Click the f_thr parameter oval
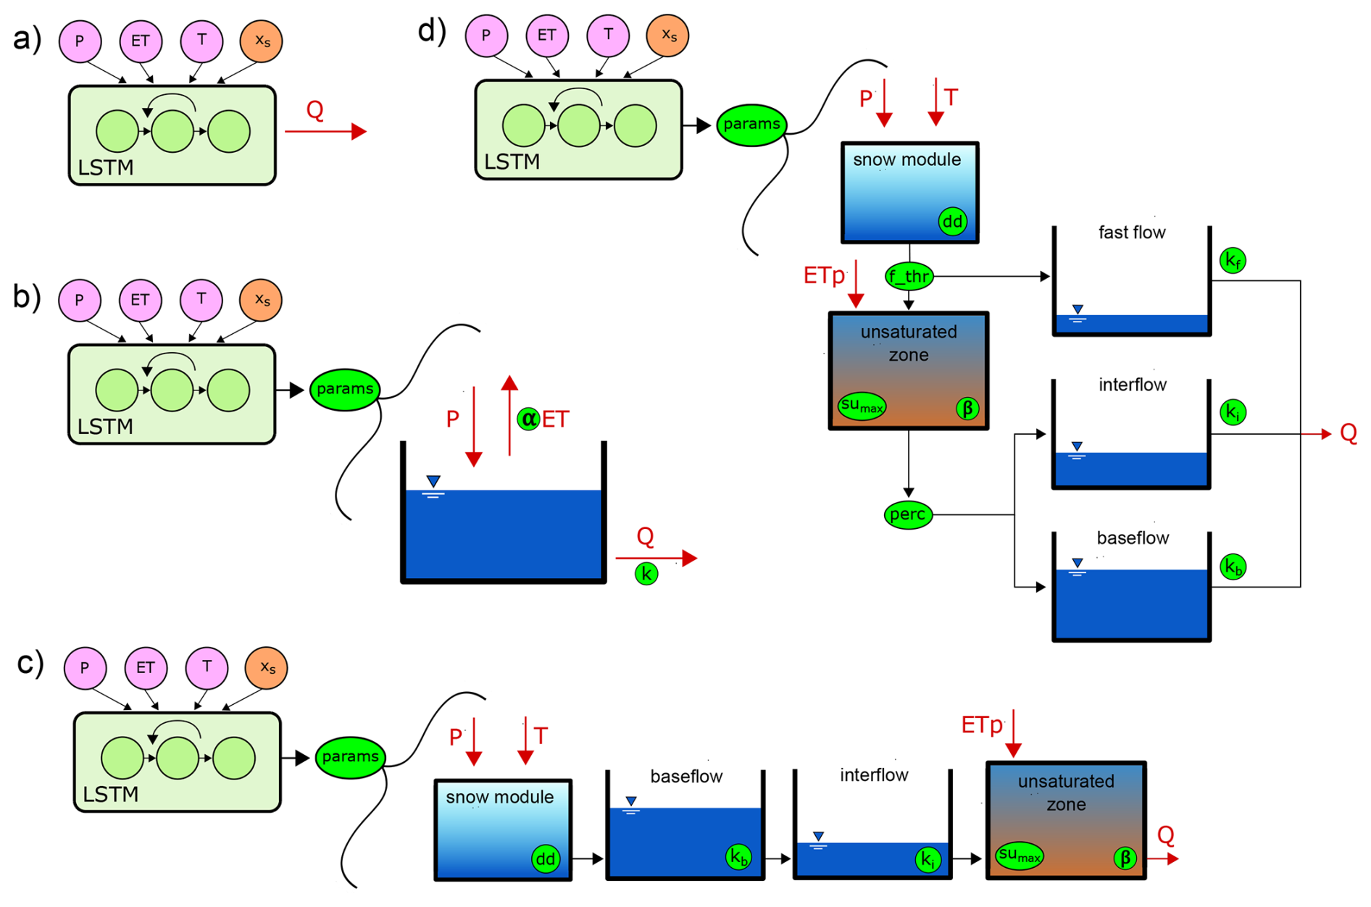click(909, 276)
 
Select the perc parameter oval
click(908, 515)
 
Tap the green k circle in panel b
click(646, 574)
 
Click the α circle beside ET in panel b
click(529, 419)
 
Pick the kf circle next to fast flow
click(1233, 260)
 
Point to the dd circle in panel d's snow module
click(952, 221)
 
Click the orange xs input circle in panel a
click(262, 41)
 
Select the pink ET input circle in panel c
click(146, 667)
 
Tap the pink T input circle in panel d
click(608, 35)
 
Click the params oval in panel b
click(345, 389)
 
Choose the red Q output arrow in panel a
click(326, 131)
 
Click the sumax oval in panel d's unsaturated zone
click(862, 406)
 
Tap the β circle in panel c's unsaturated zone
click(1125, 858)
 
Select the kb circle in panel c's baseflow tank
click(738, 857)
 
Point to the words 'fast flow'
click(1132, 233)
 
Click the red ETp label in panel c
click(982, 725)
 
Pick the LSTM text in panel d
click(512, 162)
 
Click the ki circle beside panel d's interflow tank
click(1233, 412)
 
